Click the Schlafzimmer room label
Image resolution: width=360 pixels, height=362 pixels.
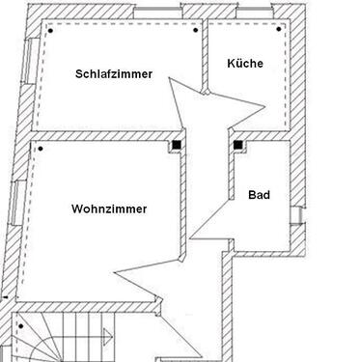click(113, 73)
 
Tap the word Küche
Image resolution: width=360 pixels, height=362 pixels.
click(244, 64)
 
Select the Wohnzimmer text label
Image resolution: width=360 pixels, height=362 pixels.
click(109, 208)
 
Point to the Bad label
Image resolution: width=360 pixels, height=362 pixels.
click(259, 195)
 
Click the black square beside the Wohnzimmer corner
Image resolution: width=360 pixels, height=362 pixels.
click(178, 147)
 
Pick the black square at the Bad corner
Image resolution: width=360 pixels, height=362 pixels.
click(236, 147)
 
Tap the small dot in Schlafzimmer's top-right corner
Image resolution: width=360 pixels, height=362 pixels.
click(195, 30)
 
